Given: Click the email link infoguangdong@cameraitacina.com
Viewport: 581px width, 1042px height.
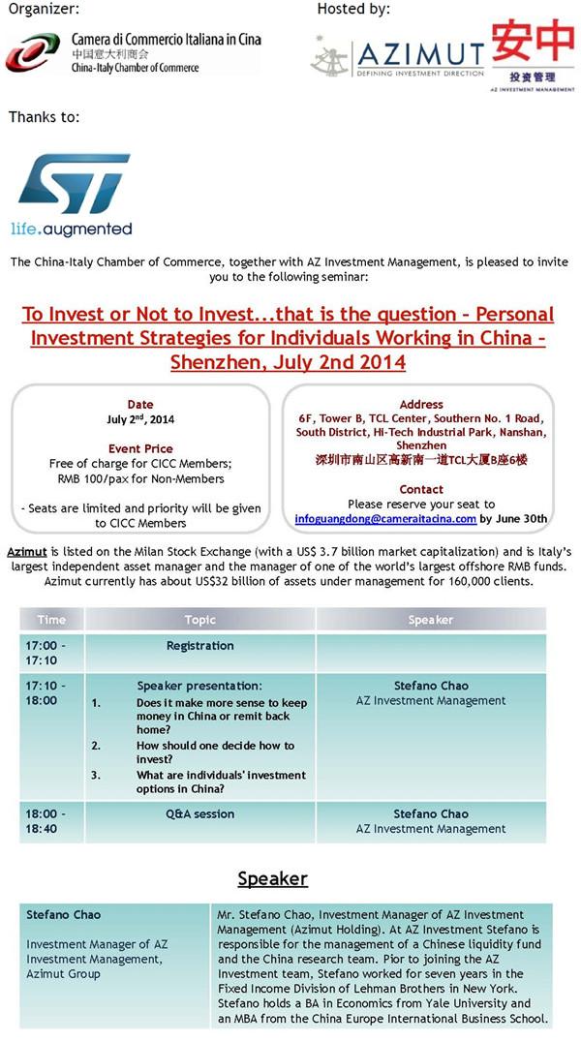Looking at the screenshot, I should [385, 518].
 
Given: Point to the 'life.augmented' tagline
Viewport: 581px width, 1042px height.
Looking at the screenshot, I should [71, 230].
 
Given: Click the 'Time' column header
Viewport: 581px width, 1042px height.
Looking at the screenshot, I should [51, 620].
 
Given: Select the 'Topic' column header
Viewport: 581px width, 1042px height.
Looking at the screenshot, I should [199, 620].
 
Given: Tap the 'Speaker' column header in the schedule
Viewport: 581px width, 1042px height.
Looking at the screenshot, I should [430, 620].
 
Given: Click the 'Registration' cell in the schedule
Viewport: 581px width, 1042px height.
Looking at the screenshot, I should [199, 646].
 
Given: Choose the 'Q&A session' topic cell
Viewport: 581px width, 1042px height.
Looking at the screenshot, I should [199, 814].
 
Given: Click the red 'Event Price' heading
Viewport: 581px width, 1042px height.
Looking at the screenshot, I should [140, 449].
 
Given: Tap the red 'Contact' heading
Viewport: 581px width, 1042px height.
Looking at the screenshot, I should [421, 489].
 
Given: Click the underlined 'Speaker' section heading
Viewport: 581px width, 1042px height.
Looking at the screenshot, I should [272, 878].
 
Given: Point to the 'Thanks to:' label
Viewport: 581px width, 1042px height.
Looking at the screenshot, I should [44, 117].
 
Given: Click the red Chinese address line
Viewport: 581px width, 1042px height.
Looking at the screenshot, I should [421, 460].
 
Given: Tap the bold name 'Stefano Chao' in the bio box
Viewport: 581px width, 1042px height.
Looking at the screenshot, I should [64, 914].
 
